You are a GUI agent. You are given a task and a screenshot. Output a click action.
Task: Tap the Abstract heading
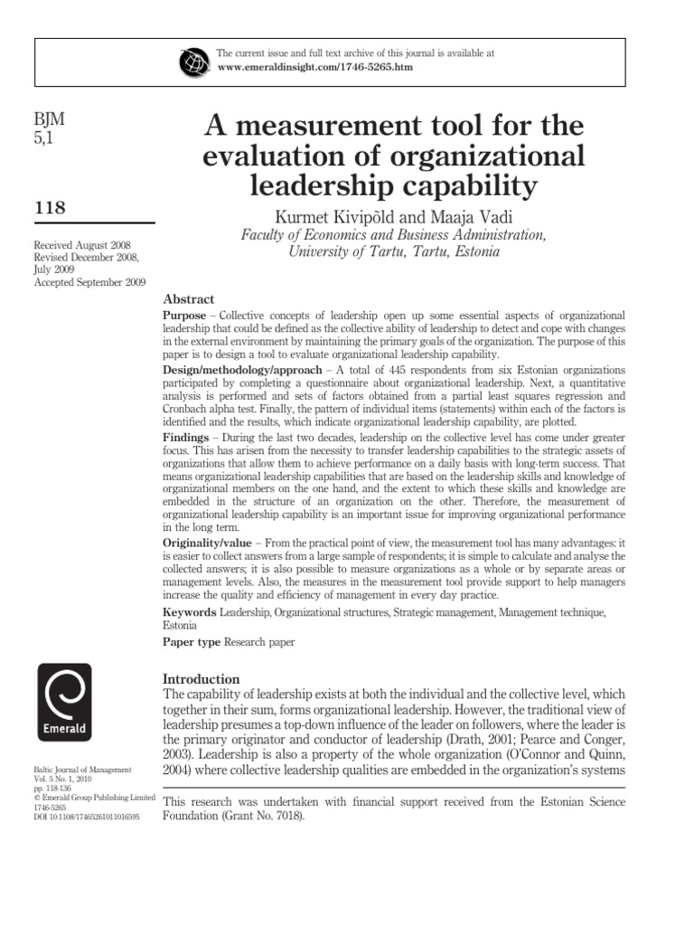pos(189,298)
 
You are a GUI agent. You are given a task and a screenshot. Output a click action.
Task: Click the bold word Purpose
pos(186,313)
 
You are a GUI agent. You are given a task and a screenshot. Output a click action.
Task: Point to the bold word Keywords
pos(189,612)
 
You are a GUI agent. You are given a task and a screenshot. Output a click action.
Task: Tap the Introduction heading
pos(201,678)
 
